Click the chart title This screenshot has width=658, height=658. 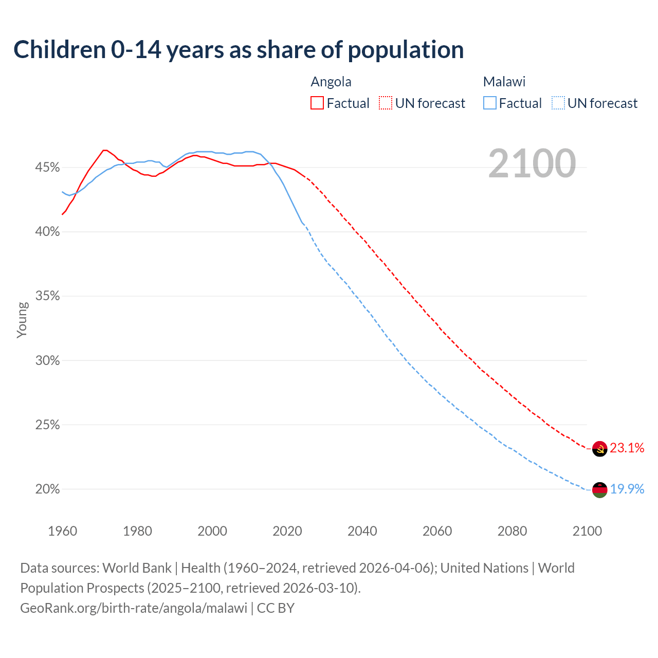point(239,50)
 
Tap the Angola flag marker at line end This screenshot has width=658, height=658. point(599,449)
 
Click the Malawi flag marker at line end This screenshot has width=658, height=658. point(599,490)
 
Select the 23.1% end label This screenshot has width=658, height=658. point(627,448)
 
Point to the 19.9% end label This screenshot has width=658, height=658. point(627,489)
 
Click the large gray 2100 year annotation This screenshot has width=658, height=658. point(532,163)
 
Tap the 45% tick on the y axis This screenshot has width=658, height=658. point(48,168)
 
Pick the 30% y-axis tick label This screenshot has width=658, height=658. point(48,360)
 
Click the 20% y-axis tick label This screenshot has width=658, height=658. point(48,489)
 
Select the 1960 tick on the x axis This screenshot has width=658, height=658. point(62,531)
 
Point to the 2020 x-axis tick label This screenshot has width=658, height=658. point(287,531)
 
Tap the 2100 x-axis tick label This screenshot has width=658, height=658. point(587,531)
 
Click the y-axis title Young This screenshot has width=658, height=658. point(22,320)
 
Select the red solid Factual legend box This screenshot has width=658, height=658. point(317,103)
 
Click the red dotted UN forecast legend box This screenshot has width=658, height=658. point(386,103)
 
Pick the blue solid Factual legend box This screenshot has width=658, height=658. point(490,103)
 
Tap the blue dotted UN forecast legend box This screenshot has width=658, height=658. point(558,103)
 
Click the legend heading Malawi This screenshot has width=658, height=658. point(504,82)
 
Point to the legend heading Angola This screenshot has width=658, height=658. point(331,82)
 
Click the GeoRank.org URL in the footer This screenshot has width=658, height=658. point(134,608)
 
